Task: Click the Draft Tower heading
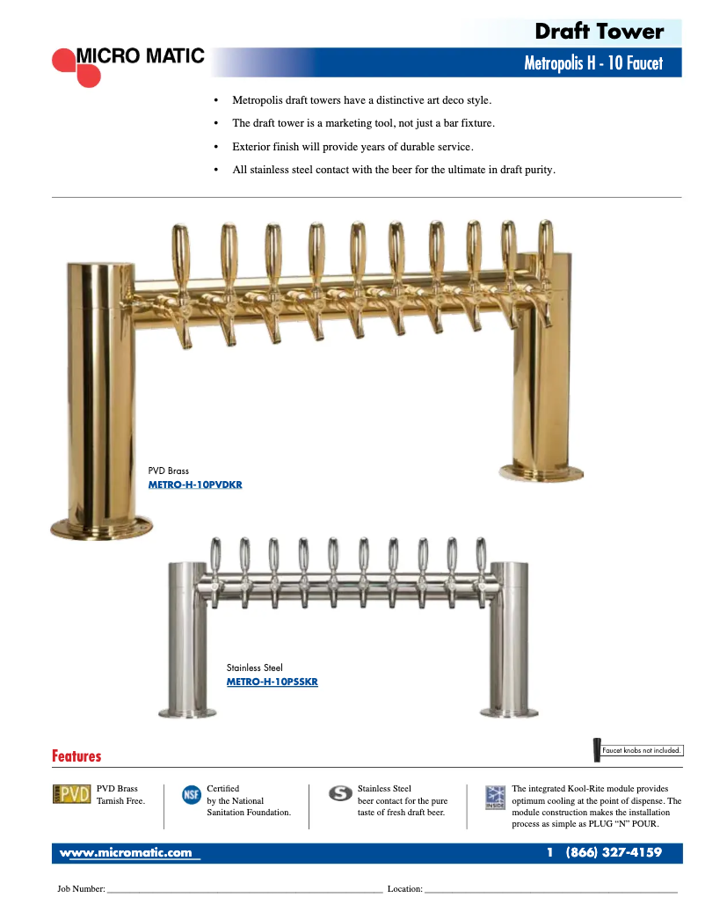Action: click(x=599, y=33)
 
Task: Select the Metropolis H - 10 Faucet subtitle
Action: click(x=592, y=63)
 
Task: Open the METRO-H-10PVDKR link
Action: click(x=195, y=485)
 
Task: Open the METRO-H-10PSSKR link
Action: click(x=272, y=682)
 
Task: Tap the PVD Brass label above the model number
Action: click(x=168, y=471)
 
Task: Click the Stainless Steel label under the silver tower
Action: click(x=254, y=668)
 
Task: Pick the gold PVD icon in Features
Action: click(x=72, y=794)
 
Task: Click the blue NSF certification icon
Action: click(x=191, y=794)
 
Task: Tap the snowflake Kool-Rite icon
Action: click(x=495, y=796)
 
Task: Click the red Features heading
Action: click(x=76, y=756)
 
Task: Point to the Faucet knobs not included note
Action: click(x=642, y=750)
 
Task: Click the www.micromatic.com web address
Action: click(x=126, y=853)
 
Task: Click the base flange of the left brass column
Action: click(x=101, y=527)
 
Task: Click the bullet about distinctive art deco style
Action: click(x=361, y=100)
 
